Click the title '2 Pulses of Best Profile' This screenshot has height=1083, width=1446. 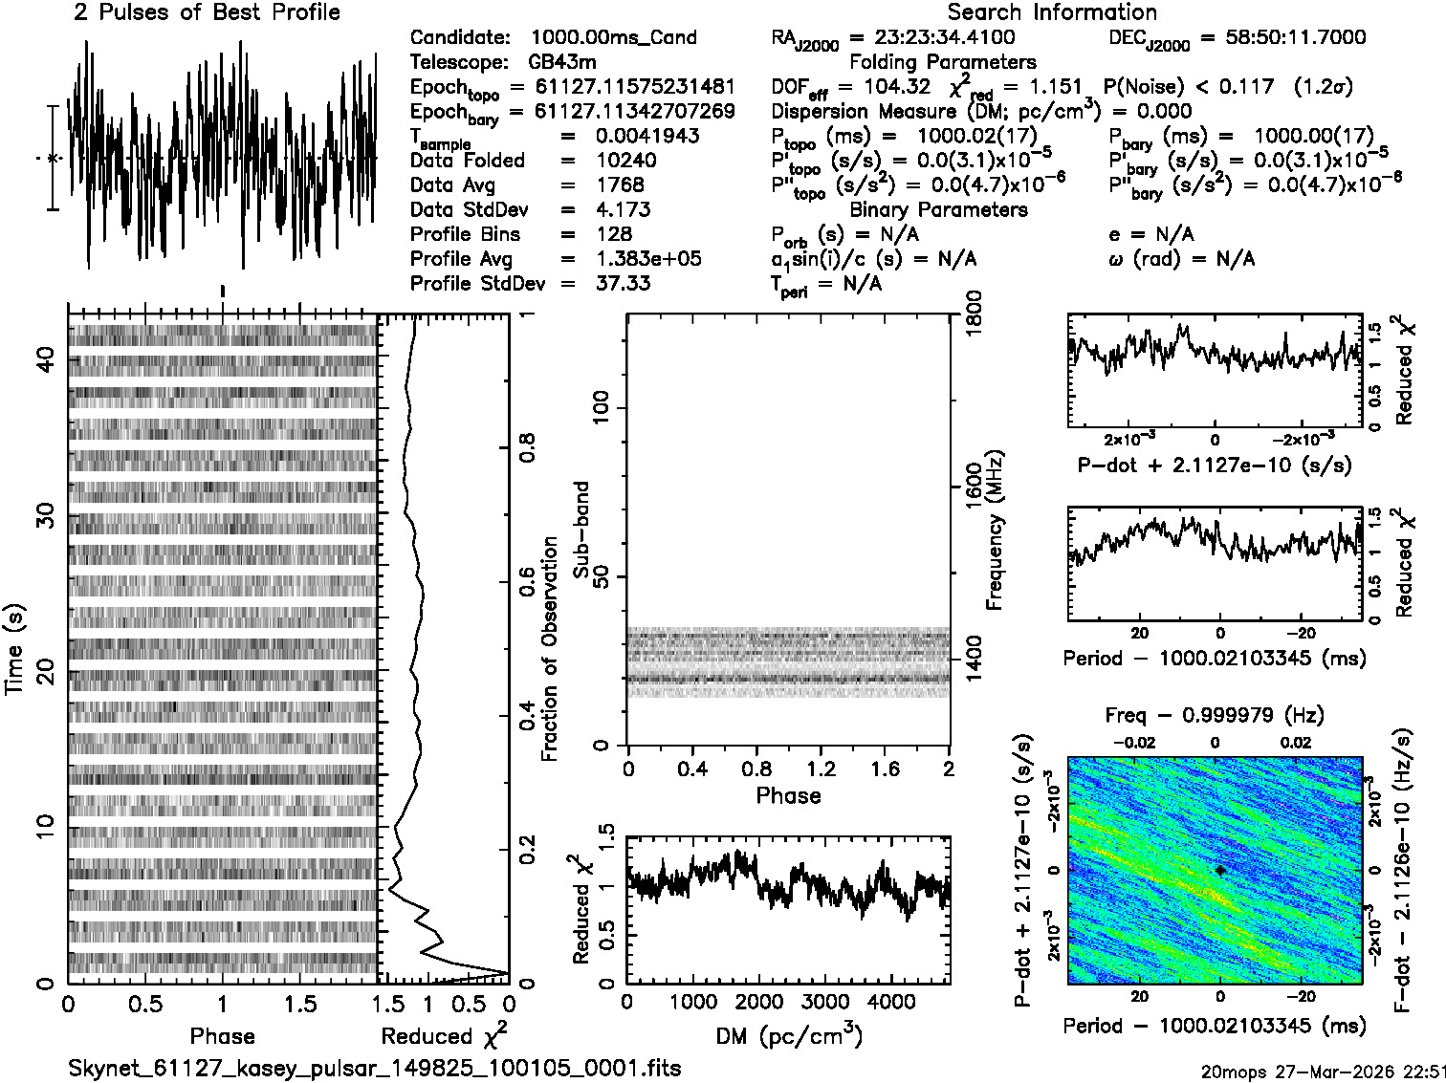(207, 12)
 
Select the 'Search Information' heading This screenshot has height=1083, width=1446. (1051, 12)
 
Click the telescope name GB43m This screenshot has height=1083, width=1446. (562, 62)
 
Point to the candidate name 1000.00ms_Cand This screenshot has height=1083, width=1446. (613, 37)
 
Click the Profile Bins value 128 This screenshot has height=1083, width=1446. (613, 234)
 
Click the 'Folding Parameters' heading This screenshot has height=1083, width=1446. (942, 62)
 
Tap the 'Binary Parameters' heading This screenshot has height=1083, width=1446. (938, 209)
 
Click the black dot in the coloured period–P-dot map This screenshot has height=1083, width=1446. (1220, 870)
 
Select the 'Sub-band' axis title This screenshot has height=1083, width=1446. (581, 529)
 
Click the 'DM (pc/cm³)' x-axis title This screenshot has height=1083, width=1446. (788, 1035)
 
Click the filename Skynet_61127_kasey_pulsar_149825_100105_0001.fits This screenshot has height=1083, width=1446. (375, 1068)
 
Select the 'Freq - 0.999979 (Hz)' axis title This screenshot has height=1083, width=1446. (1215, 715)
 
